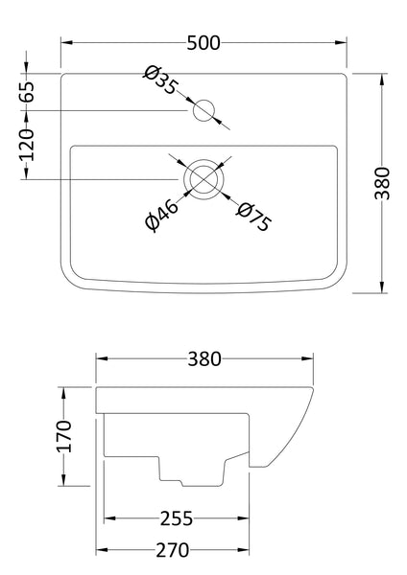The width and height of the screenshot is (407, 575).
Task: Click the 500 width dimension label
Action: pos(204,41)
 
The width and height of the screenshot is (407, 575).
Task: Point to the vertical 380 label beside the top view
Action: pos(381,182)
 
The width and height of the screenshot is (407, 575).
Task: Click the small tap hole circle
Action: pos(203,111)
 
